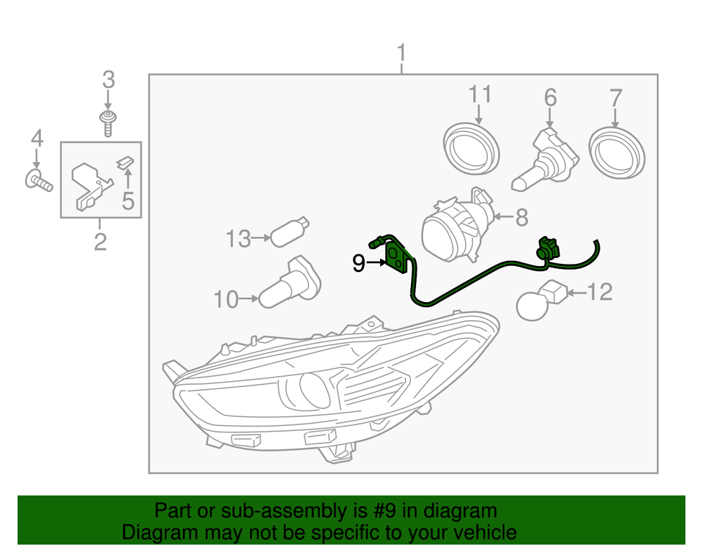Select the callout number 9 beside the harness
[359, 262]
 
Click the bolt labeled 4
[40, 180]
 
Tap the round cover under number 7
[618, 152]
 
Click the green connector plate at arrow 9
[396, 257]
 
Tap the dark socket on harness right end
[546, 250]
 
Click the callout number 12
[599, 292]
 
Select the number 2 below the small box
[100, 240]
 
